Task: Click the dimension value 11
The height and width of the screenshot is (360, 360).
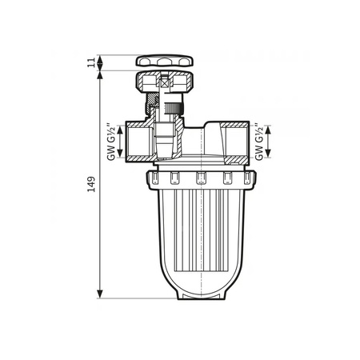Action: click(92, 62)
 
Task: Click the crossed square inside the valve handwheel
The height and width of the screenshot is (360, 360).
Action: click(163, 82)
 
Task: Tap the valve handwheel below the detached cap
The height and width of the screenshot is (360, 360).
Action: click(163, 82)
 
